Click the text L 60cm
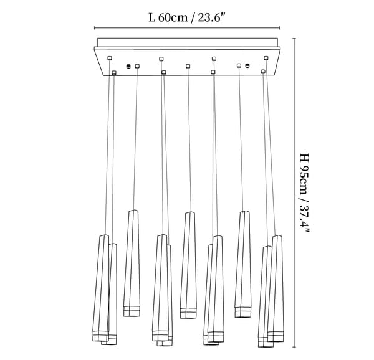(168, 17)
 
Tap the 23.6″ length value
(211, 17)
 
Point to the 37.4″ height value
(305, 219)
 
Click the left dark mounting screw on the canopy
(128, 66)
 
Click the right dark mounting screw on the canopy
(247, 65)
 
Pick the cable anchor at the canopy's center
(188, 66)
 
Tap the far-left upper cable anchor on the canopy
(110, 58)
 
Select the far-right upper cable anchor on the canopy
(266, 58)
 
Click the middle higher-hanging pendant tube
(188, 265)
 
